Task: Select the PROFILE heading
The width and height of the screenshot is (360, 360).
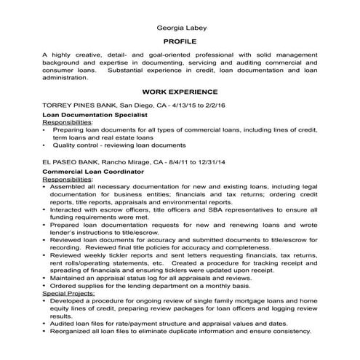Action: [180, 42]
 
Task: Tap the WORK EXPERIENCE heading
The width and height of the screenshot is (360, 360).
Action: [180, 92]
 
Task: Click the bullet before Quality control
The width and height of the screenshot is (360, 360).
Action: [45, 145]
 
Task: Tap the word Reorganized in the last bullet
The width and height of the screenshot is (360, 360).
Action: [73, 331]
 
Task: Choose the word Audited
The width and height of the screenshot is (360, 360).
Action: [65, 323]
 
